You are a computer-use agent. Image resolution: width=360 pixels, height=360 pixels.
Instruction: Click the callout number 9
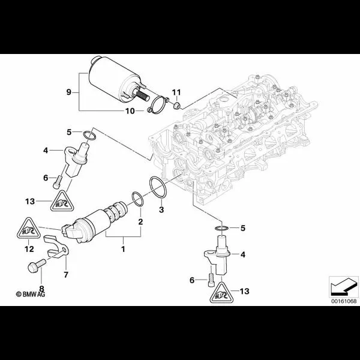pos(69,92)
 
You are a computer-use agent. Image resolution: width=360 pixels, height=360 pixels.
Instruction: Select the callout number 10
pos(130,111)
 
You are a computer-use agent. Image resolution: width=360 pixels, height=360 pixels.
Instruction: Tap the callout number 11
pos(176,91)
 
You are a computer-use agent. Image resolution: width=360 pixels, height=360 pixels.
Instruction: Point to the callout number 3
pos(161,209)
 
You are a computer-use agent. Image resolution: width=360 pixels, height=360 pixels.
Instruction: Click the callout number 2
pos(141,221)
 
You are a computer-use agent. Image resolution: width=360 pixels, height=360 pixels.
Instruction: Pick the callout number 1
pos(123,247)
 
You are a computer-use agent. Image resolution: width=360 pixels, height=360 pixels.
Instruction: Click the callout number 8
pos(41,288)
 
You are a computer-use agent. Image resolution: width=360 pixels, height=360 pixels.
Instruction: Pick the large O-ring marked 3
pos(160,187)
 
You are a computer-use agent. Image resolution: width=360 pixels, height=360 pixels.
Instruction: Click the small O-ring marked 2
pos(137,198)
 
